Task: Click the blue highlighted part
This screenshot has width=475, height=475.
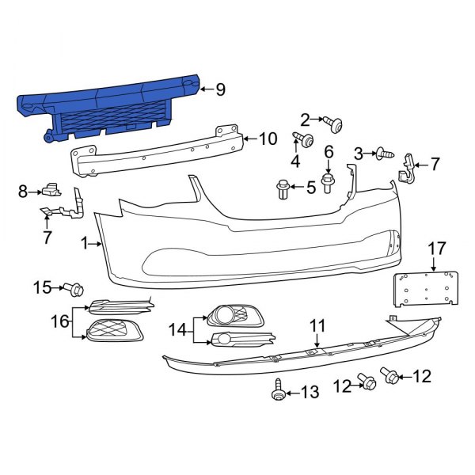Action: click(x=111, y=107)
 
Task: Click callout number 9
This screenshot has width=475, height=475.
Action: click(x=220, y=89)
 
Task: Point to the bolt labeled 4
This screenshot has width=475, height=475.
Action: click(x=303, y=142)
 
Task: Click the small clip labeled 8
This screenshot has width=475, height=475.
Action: click(x=52, y=189)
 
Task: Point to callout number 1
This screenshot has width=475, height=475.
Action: click(x=85, y=244)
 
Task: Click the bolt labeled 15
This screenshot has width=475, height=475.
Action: click(x=76, y=288)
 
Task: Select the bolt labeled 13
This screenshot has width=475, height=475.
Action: click(x=278, y=390)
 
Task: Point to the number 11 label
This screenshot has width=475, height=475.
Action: click(x=317, y=325)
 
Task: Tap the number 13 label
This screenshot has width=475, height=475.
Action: click(x=309, y=391)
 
